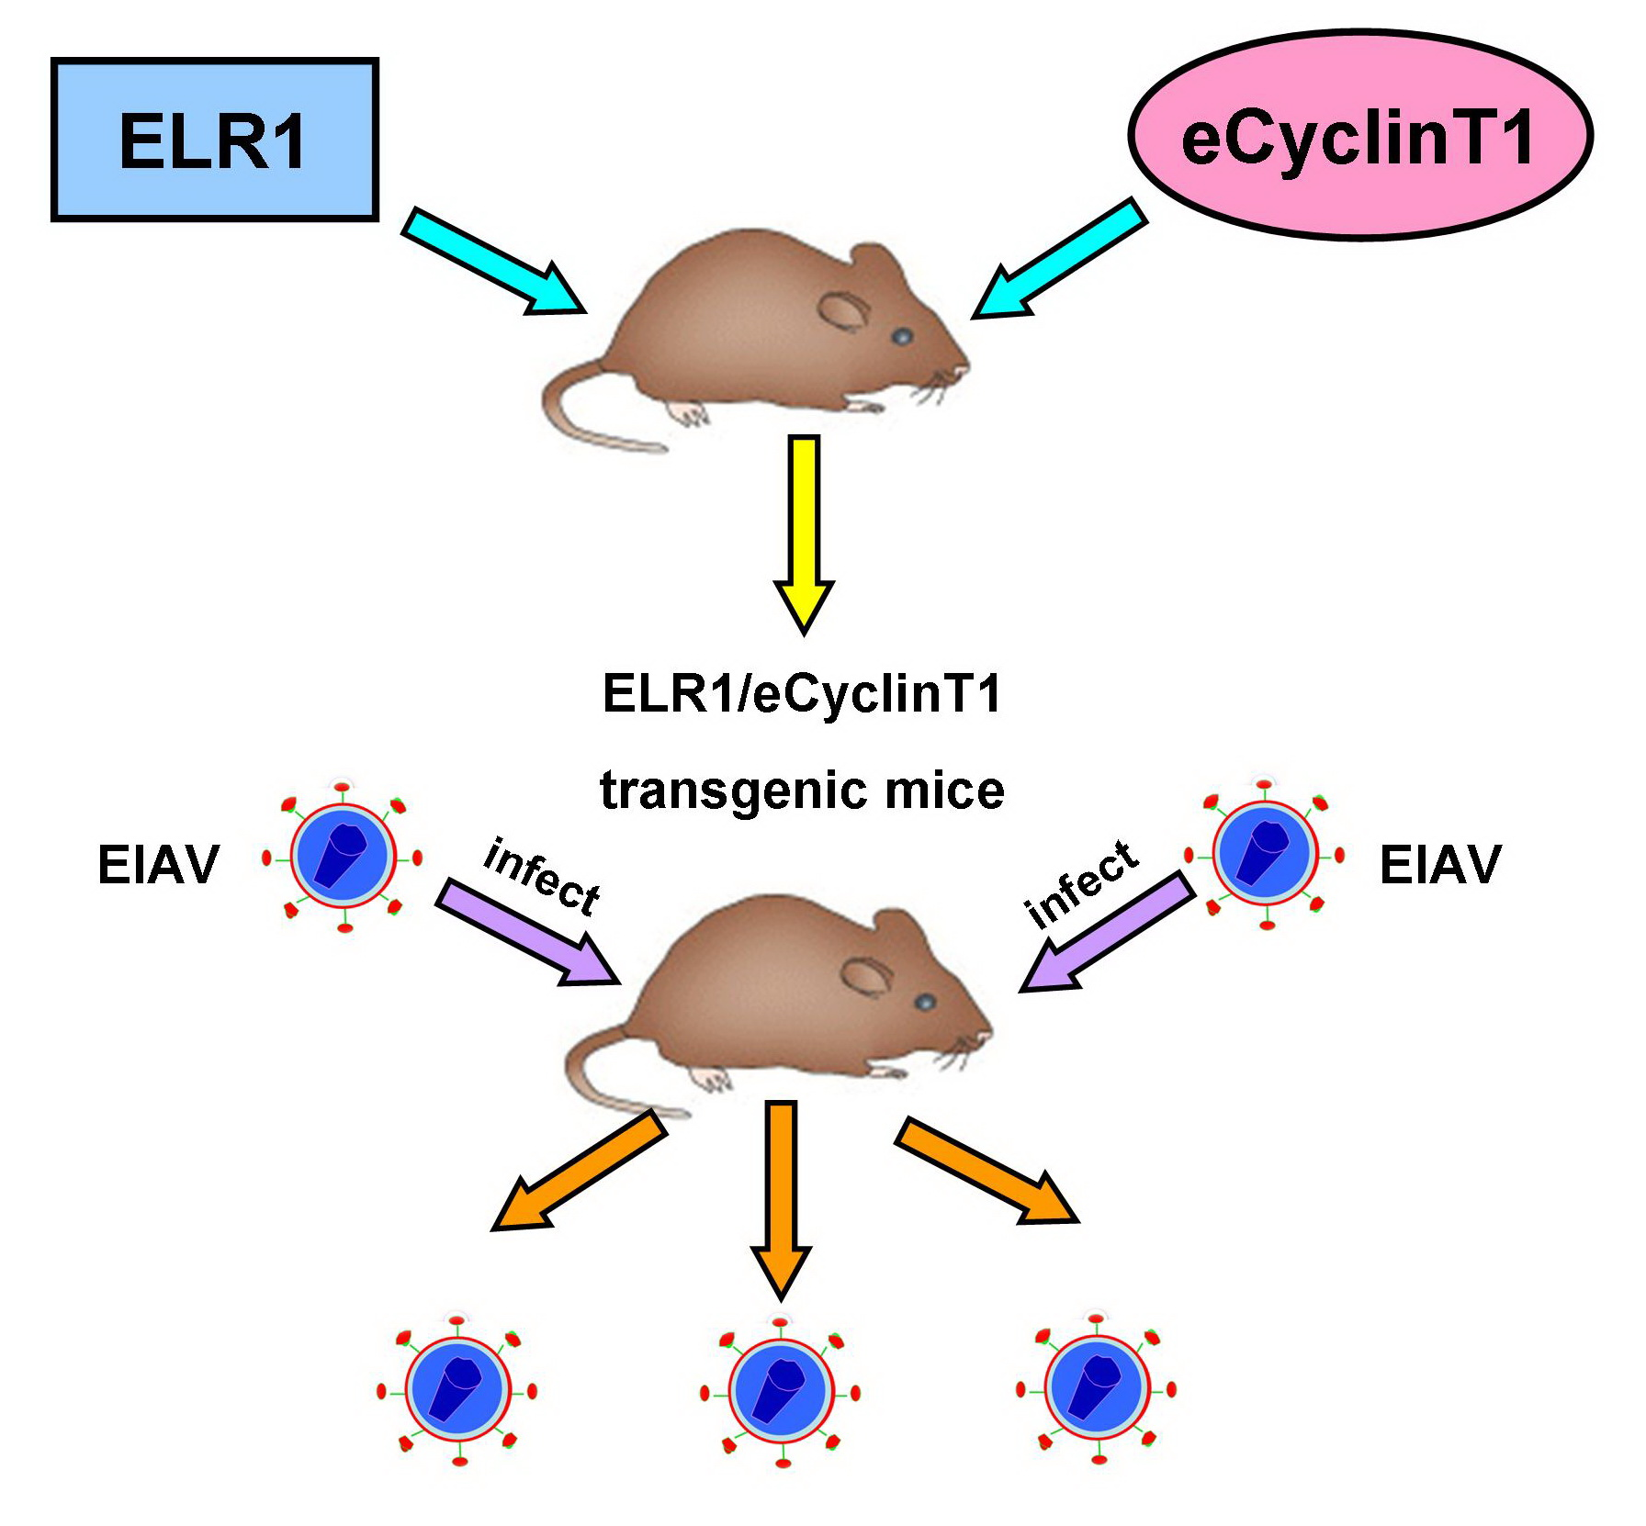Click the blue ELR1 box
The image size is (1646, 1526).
pos(214,140)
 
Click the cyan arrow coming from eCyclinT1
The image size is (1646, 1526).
pos(1061,262)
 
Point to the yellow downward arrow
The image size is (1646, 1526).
pos(804,533)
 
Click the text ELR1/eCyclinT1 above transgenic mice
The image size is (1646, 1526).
pos(801,693)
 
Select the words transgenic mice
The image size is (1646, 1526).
pos(802,791)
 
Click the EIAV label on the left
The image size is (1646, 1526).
pos(158,864)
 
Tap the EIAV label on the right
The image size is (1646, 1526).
pos(1439,864)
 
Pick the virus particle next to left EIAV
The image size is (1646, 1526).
pos(343,857)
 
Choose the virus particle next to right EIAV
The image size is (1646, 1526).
pos(1265,853)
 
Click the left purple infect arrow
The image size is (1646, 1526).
pos(524,932)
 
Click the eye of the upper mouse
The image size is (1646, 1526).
pos(903,336)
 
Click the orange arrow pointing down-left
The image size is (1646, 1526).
pos(579,1171)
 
